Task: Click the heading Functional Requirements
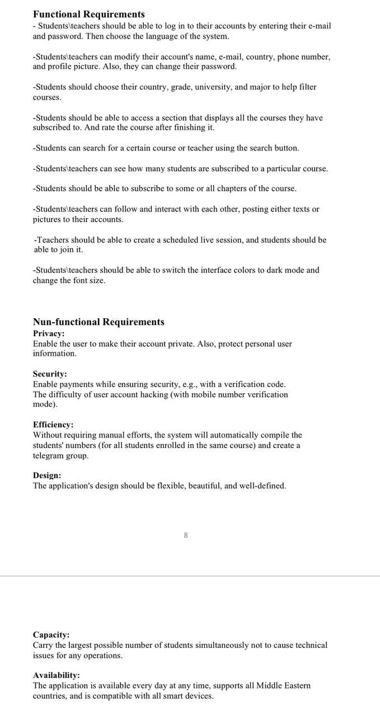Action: (88, 15)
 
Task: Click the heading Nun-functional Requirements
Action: (98, 322)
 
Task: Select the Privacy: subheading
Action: (49, 333)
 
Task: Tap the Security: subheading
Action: (50, 374)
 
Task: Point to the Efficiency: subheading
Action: (53, 425)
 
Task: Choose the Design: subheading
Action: (47, 475)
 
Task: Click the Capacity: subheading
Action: (51, 635)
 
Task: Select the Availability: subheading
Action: (56, 675)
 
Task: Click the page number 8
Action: (186, 535)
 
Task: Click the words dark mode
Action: (282, 270)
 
